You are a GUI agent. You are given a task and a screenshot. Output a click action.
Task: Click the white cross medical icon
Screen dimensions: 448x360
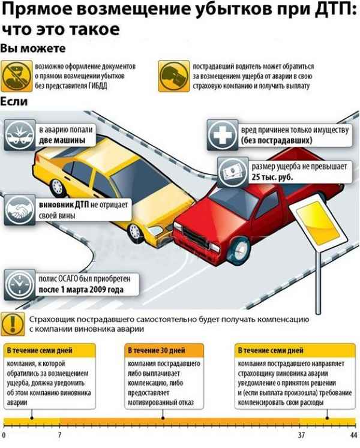pyautogui.click(x=220, y=134)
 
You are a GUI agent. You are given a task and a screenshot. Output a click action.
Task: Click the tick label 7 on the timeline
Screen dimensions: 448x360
pyautogui.click(x=59, y=434)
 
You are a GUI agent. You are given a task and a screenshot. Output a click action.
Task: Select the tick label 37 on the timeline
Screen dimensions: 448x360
pyautogui.click(x=302, y=434)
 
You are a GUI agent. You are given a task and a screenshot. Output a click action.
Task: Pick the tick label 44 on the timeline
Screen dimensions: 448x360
pyautogui.click(x=353, y=434)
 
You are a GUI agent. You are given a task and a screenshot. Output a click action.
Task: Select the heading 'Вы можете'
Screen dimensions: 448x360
pyautogui.click(x=25, y=47)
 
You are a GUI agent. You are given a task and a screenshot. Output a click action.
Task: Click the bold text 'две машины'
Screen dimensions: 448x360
pyautogui.click(x=59, y=140)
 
